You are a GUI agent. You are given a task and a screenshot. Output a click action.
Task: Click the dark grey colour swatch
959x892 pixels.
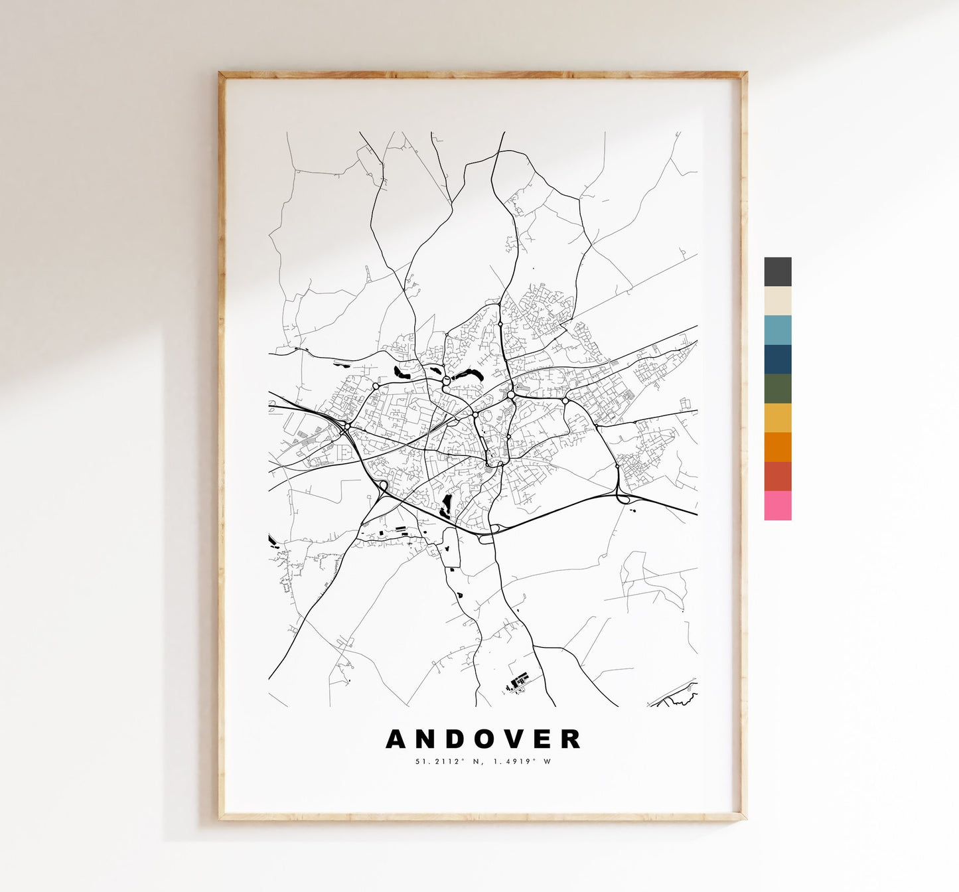(x=778, y=271)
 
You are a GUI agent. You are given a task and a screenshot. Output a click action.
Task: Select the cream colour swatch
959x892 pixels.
(x=778, y=301)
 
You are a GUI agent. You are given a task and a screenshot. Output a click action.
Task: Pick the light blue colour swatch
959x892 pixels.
(x=778, y=330)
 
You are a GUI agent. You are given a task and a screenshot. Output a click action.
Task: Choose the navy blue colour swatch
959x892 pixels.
(x=778, y=359)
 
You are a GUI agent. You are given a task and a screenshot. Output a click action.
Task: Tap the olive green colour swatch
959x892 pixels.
(x=778, y=388)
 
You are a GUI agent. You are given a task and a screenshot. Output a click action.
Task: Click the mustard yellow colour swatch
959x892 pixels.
(x=778, y=417)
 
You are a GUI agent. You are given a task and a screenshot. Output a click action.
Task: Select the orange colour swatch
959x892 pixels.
(x=778, y=447)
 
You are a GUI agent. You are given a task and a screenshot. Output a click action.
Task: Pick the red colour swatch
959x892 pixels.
(x=778, y=476)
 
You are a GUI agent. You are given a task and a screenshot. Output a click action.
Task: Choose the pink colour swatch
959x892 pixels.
(x=778, y=505)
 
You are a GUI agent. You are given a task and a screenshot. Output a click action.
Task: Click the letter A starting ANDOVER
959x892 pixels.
(x=396, y=739)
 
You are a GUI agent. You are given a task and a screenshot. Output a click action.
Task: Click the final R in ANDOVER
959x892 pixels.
(x=572, y=739)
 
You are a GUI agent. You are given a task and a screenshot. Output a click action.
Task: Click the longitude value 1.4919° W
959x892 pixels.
(x=520, y=761)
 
